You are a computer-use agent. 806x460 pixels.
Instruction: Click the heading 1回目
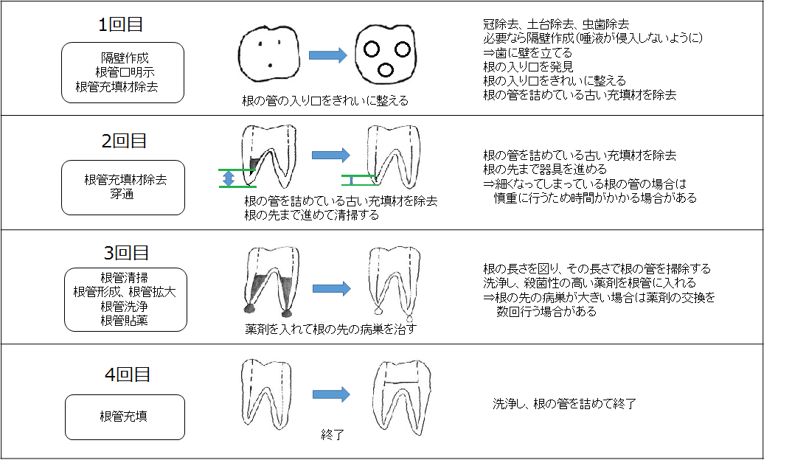[x=120, y=24]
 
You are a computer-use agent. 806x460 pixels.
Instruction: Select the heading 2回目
[x=124, y=141]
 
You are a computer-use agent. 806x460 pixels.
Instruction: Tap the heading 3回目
[x=126, y=253]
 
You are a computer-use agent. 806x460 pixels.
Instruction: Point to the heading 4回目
[x=128, y=374]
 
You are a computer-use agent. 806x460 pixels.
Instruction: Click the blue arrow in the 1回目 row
[x=328, y=55]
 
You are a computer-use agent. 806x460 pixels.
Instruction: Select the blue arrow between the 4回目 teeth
[x=332, y=394]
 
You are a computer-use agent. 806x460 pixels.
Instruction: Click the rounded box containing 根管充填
[x=125, y=417]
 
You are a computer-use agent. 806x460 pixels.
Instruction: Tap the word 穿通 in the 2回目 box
[x=122, y=194]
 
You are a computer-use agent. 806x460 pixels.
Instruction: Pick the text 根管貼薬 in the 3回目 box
[x=124, y=321]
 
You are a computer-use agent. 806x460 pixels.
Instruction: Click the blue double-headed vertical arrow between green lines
[x=229, y=178]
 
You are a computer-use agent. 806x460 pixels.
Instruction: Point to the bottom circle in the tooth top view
[x=386, y=69]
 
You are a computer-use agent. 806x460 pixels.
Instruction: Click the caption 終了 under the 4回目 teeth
[x=332, y=435]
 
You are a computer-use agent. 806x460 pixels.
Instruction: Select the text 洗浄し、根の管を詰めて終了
[x=564, y=404]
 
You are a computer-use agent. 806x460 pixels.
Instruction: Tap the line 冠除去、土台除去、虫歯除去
[x=556, y=24]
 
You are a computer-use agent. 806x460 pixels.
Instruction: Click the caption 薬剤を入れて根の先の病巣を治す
[x=330, y=329]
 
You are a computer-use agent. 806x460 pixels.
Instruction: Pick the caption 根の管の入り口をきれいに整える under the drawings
[x=325, y=101]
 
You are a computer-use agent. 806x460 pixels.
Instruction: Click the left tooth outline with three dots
[x=269, y=54]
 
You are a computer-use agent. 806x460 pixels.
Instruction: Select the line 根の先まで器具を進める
[x=545, y=169]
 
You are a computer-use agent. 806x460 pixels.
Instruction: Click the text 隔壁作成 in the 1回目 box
[x=125, y=58]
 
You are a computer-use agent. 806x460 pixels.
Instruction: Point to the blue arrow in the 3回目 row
[x=332, y=288]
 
